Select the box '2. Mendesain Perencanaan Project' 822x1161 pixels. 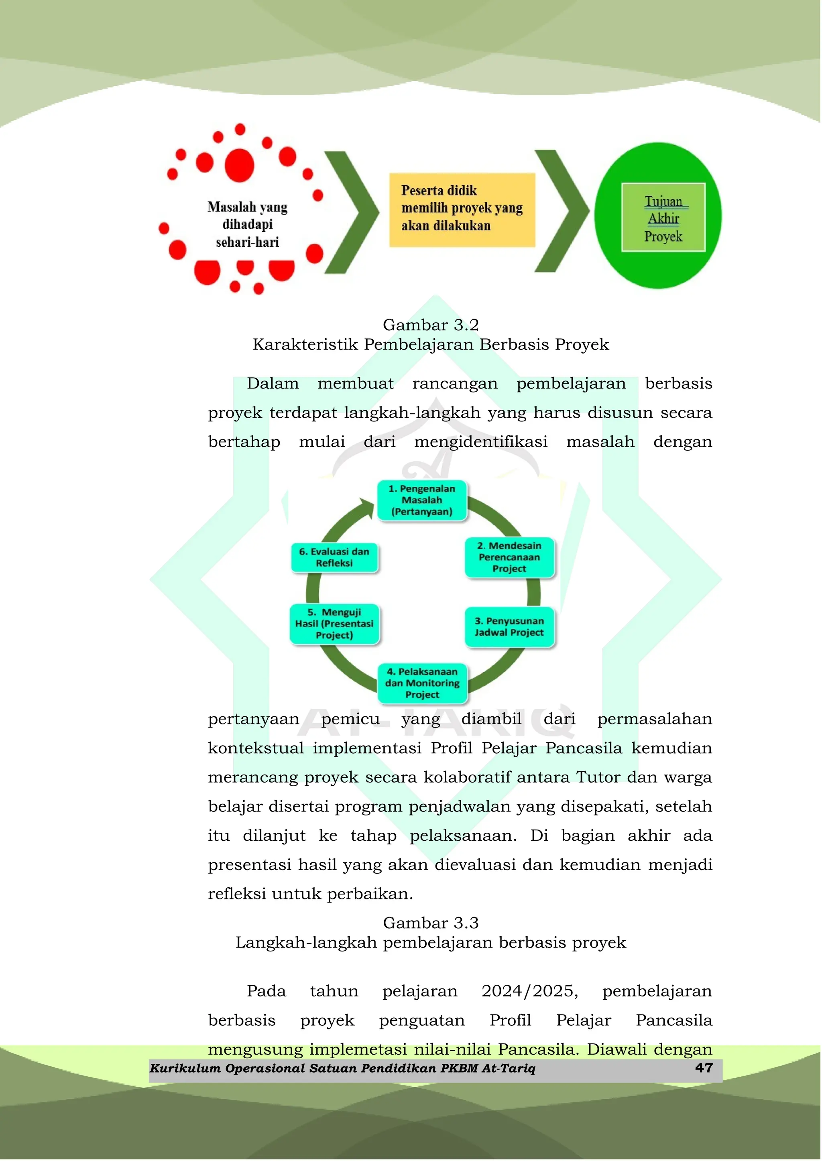[509, 557]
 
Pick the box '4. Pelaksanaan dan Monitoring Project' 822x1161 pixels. [422, 683]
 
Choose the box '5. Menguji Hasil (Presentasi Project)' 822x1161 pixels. [335, 624]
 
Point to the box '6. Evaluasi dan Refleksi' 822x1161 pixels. [335, 557]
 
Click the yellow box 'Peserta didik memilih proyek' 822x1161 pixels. [462, 209]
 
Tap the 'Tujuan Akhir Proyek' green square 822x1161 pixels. [663, 218]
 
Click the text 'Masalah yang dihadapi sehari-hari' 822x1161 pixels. [248, 224]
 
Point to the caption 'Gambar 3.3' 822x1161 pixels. [431, 923]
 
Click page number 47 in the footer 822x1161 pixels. [704, 1068]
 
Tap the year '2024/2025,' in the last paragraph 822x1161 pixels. [529, 991]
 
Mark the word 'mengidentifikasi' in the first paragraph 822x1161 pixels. [481, 442]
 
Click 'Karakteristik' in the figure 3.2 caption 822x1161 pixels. [306, 345]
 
